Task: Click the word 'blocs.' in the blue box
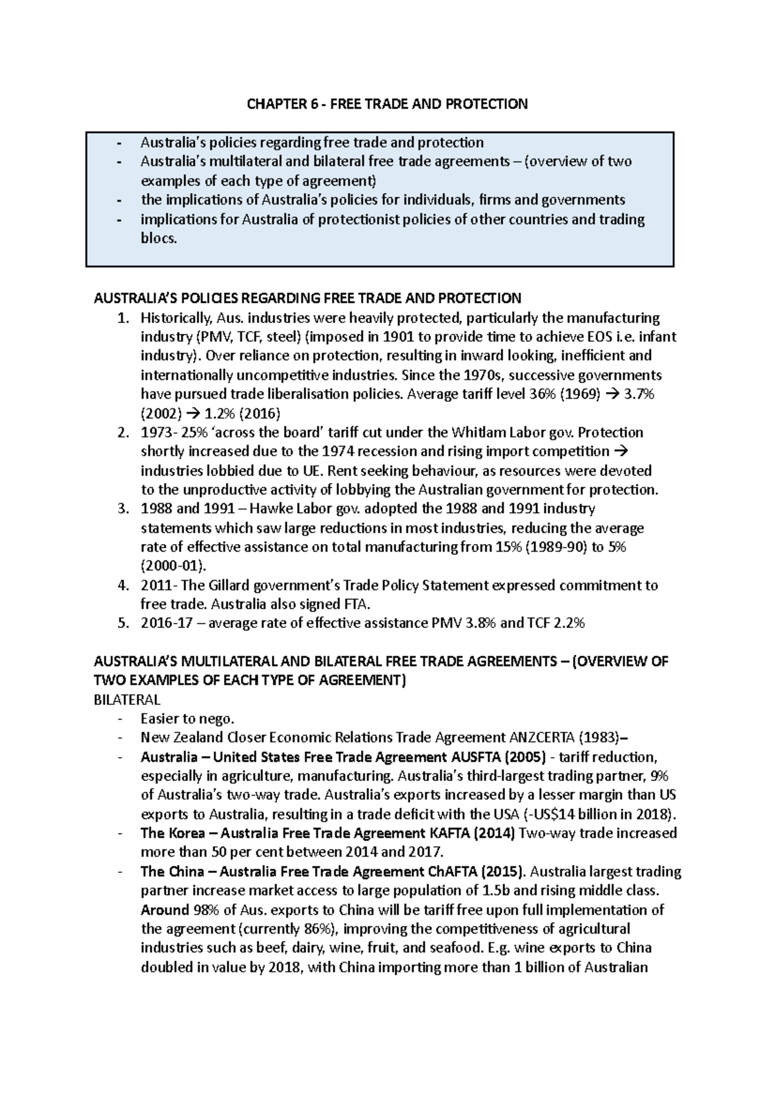click(x=158, y=238)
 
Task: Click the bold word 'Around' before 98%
click(x=164, y=910)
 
